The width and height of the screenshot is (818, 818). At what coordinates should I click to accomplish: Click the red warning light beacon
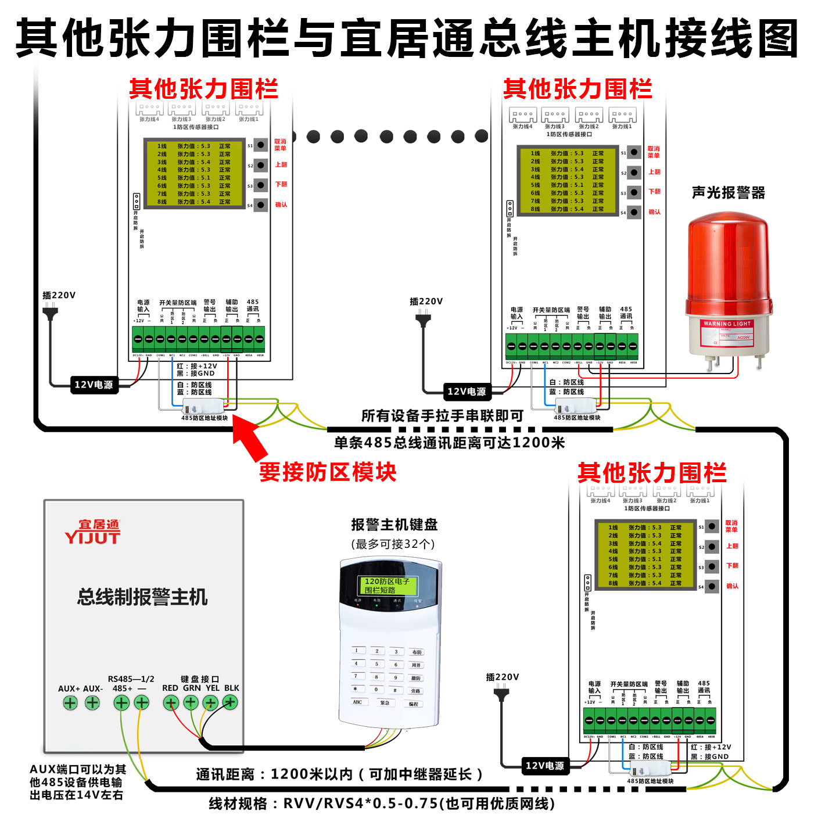(729, 285)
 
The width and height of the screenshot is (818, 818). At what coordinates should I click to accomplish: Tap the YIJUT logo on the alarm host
(93, 532)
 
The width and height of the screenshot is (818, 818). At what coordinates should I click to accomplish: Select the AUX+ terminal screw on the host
(70, 703)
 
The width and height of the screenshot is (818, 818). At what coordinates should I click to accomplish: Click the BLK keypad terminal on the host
(231, 703)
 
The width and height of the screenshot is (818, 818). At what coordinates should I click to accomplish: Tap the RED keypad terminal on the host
(170, 703)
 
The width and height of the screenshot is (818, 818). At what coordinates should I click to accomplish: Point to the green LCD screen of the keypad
(387, 585)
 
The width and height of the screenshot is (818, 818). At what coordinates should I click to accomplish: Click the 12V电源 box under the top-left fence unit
(93, 385)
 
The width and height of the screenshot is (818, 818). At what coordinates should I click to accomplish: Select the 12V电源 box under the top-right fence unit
(466, 392)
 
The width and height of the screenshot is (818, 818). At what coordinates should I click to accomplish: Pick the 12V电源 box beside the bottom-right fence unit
(544, 766)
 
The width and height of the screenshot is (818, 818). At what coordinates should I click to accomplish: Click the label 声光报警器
(729, 193)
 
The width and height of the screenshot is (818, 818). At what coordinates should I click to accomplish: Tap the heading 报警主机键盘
(394, 525)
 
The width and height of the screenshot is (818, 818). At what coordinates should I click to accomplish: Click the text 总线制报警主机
(142, 597)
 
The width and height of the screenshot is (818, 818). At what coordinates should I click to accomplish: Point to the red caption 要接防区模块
(328, 472)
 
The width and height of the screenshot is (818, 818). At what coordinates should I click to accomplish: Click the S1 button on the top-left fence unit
(261, 145)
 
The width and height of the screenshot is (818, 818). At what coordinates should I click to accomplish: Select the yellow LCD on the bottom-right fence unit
(645, 555)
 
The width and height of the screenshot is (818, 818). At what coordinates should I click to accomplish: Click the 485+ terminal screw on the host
(121, 703)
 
